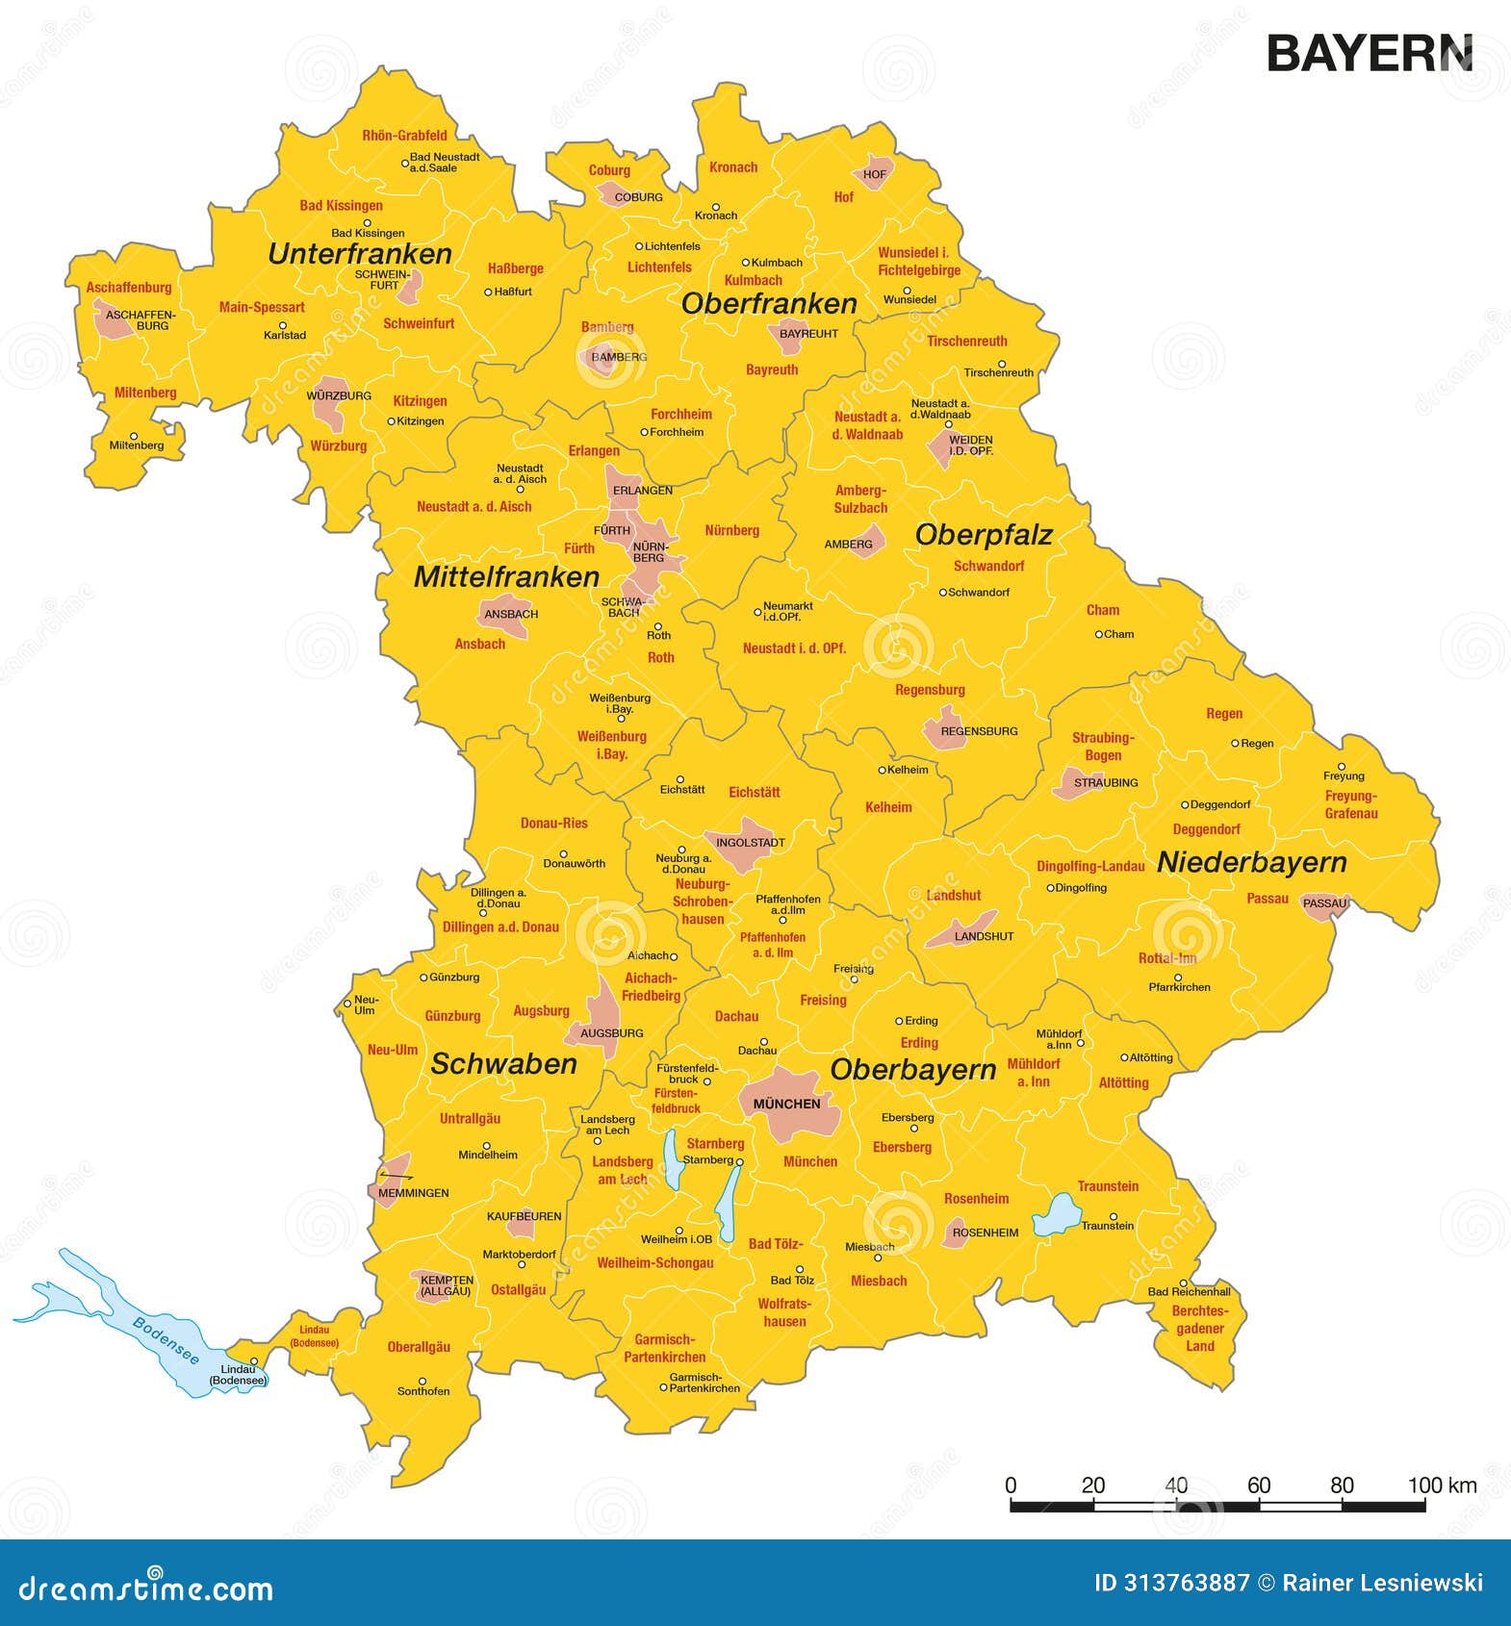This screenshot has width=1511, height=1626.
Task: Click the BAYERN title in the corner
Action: (x=1369, y=54)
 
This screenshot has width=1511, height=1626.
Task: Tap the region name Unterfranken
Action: (x=360, y=254)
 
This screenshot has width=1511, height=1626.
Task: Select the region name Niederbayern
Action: (x=1251, y=862)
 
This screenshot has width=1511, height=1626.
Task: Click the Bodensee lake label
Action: (x=166, y=1339)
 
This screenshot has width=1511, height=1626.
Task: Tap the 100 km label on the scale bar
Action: (x=1441, y=1485)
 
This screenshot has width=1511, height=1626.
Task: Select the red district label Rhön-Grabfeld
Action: (x=404, y=136)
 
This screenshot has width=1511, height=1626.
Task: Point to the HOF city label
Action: (x=875, y=174)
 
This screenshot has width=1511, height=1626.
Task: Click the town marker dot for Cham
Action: (x=1098, y=634)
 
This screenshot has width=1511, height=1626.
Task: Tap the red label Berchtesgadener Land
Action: (x=1199, y=1329)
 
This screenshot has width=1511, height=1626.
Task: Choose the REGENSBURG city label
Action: (x=979, y=731)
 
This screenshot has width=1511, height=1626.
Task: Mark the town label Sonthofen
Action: (x=423, y=1390)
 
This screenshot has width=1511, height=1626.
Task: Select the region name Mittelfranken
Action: (x=506, y=577)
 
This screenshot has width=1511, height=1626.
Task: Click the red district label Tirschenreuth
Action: (x=966, y=342)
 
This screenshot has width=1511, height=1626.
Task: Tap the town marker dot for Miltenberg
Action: (x=134, y=436)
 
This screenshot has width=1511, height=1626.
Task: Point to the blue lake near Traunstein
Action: (x=1057, y=1214)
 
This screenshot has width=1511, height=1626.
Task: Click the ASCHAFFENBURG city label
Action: (x=141, y=320)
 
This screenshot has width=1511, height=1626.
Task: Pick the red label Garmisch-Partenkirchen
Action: (x=665, y=1348)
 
